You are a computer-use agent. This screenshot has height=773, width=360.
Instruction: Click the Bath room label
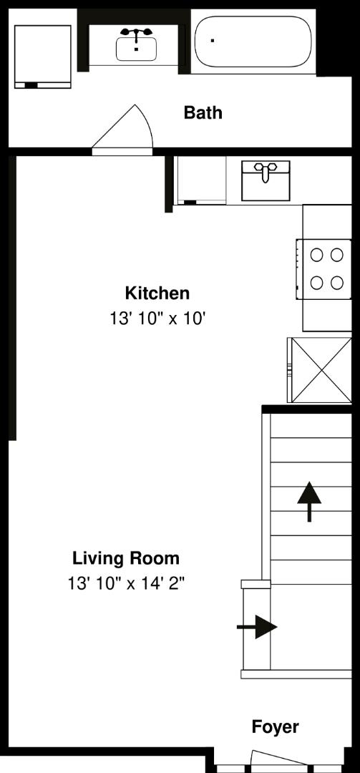click(203, 112)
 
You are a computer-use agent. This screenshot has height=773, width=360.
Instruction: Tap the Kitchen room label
click(157, 293)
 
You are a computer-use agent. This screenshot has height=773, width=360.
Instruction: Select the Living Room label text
click(126, 558)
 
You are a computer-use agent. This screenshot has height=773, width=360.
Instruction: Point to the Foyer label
click(275, 727)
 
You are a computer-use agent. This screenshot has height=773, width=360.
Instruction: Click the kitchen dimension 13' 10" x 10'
click(157, 319)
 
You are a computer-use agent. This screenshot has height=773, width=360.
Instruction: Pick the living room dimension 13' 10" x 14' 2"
click(126, 583)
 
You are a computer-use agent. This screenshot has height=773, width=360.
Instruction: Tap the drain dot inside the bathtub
click(213, 40)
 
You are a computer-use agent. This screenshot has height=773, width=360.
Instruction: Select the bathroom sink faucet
click(136, 34)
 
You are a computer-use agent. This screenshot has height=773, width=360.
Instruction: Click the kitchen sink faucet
click(266, 170)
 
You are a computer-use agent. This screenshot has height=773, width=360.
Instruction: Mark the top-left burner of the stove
click(316, 254)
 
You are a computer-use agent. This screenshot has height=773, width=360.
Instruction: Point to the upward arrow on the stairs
click(309, 501)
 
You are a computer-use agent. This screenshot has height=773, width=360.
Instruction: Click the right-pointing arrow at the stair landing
click(257, 628)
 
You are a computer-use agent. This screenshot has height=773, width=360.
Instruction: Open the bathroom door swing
click(125, 129)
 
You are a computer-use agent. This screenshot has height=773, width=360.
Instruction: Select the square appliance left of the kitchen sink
click(201, 180)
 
